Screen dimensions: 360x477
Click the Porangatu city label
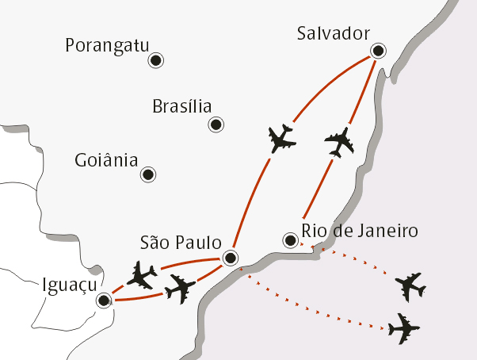pyautogui.click(x=107, y=45)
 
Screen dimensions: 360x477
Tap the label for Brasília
pyautogui.click(x=181, y=107)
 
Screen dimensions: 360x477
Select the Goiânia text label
pyautogui.click(x=105, y=159)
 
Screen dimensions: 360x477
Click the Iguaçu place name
pyautogui.click(x=67, y=284)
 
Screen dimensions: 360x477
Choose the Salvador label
pyautogui.click(x=334, y=33)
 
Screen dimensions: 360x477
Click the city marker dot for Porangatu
pyautogui.click(x=156, y=59)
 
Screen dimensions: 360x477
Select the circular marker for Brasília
pyautogui.click(x=216, y=124)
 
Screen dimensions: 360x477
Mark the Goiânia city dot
pyautogui.click(x=147, y=175)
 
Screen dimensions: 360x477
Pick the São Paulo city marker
pyautogui.click(x=230, y=257)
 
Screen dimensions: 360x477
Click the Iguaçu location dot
pyautogui.click(x=103, y=300)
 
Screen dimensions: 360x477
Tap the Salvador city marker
pyautogui.click(x=378, y=52)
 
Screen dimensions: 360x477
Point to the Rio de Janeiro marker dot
pyautogui.click(x=290, y=239)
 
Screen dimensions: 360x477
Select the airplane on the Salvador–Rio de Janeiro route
pyautogui.click(x=339, y=142)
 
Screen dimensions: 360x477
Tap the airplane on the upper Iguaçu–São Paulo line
pyautogui.click(x=142, y=276)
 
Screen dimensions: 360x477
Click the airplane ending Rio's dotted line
pyautogui.click(x=410, y=285)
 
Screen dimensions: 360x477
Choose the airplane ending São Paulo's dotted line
pyautogui.click(x=403, y=327)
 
